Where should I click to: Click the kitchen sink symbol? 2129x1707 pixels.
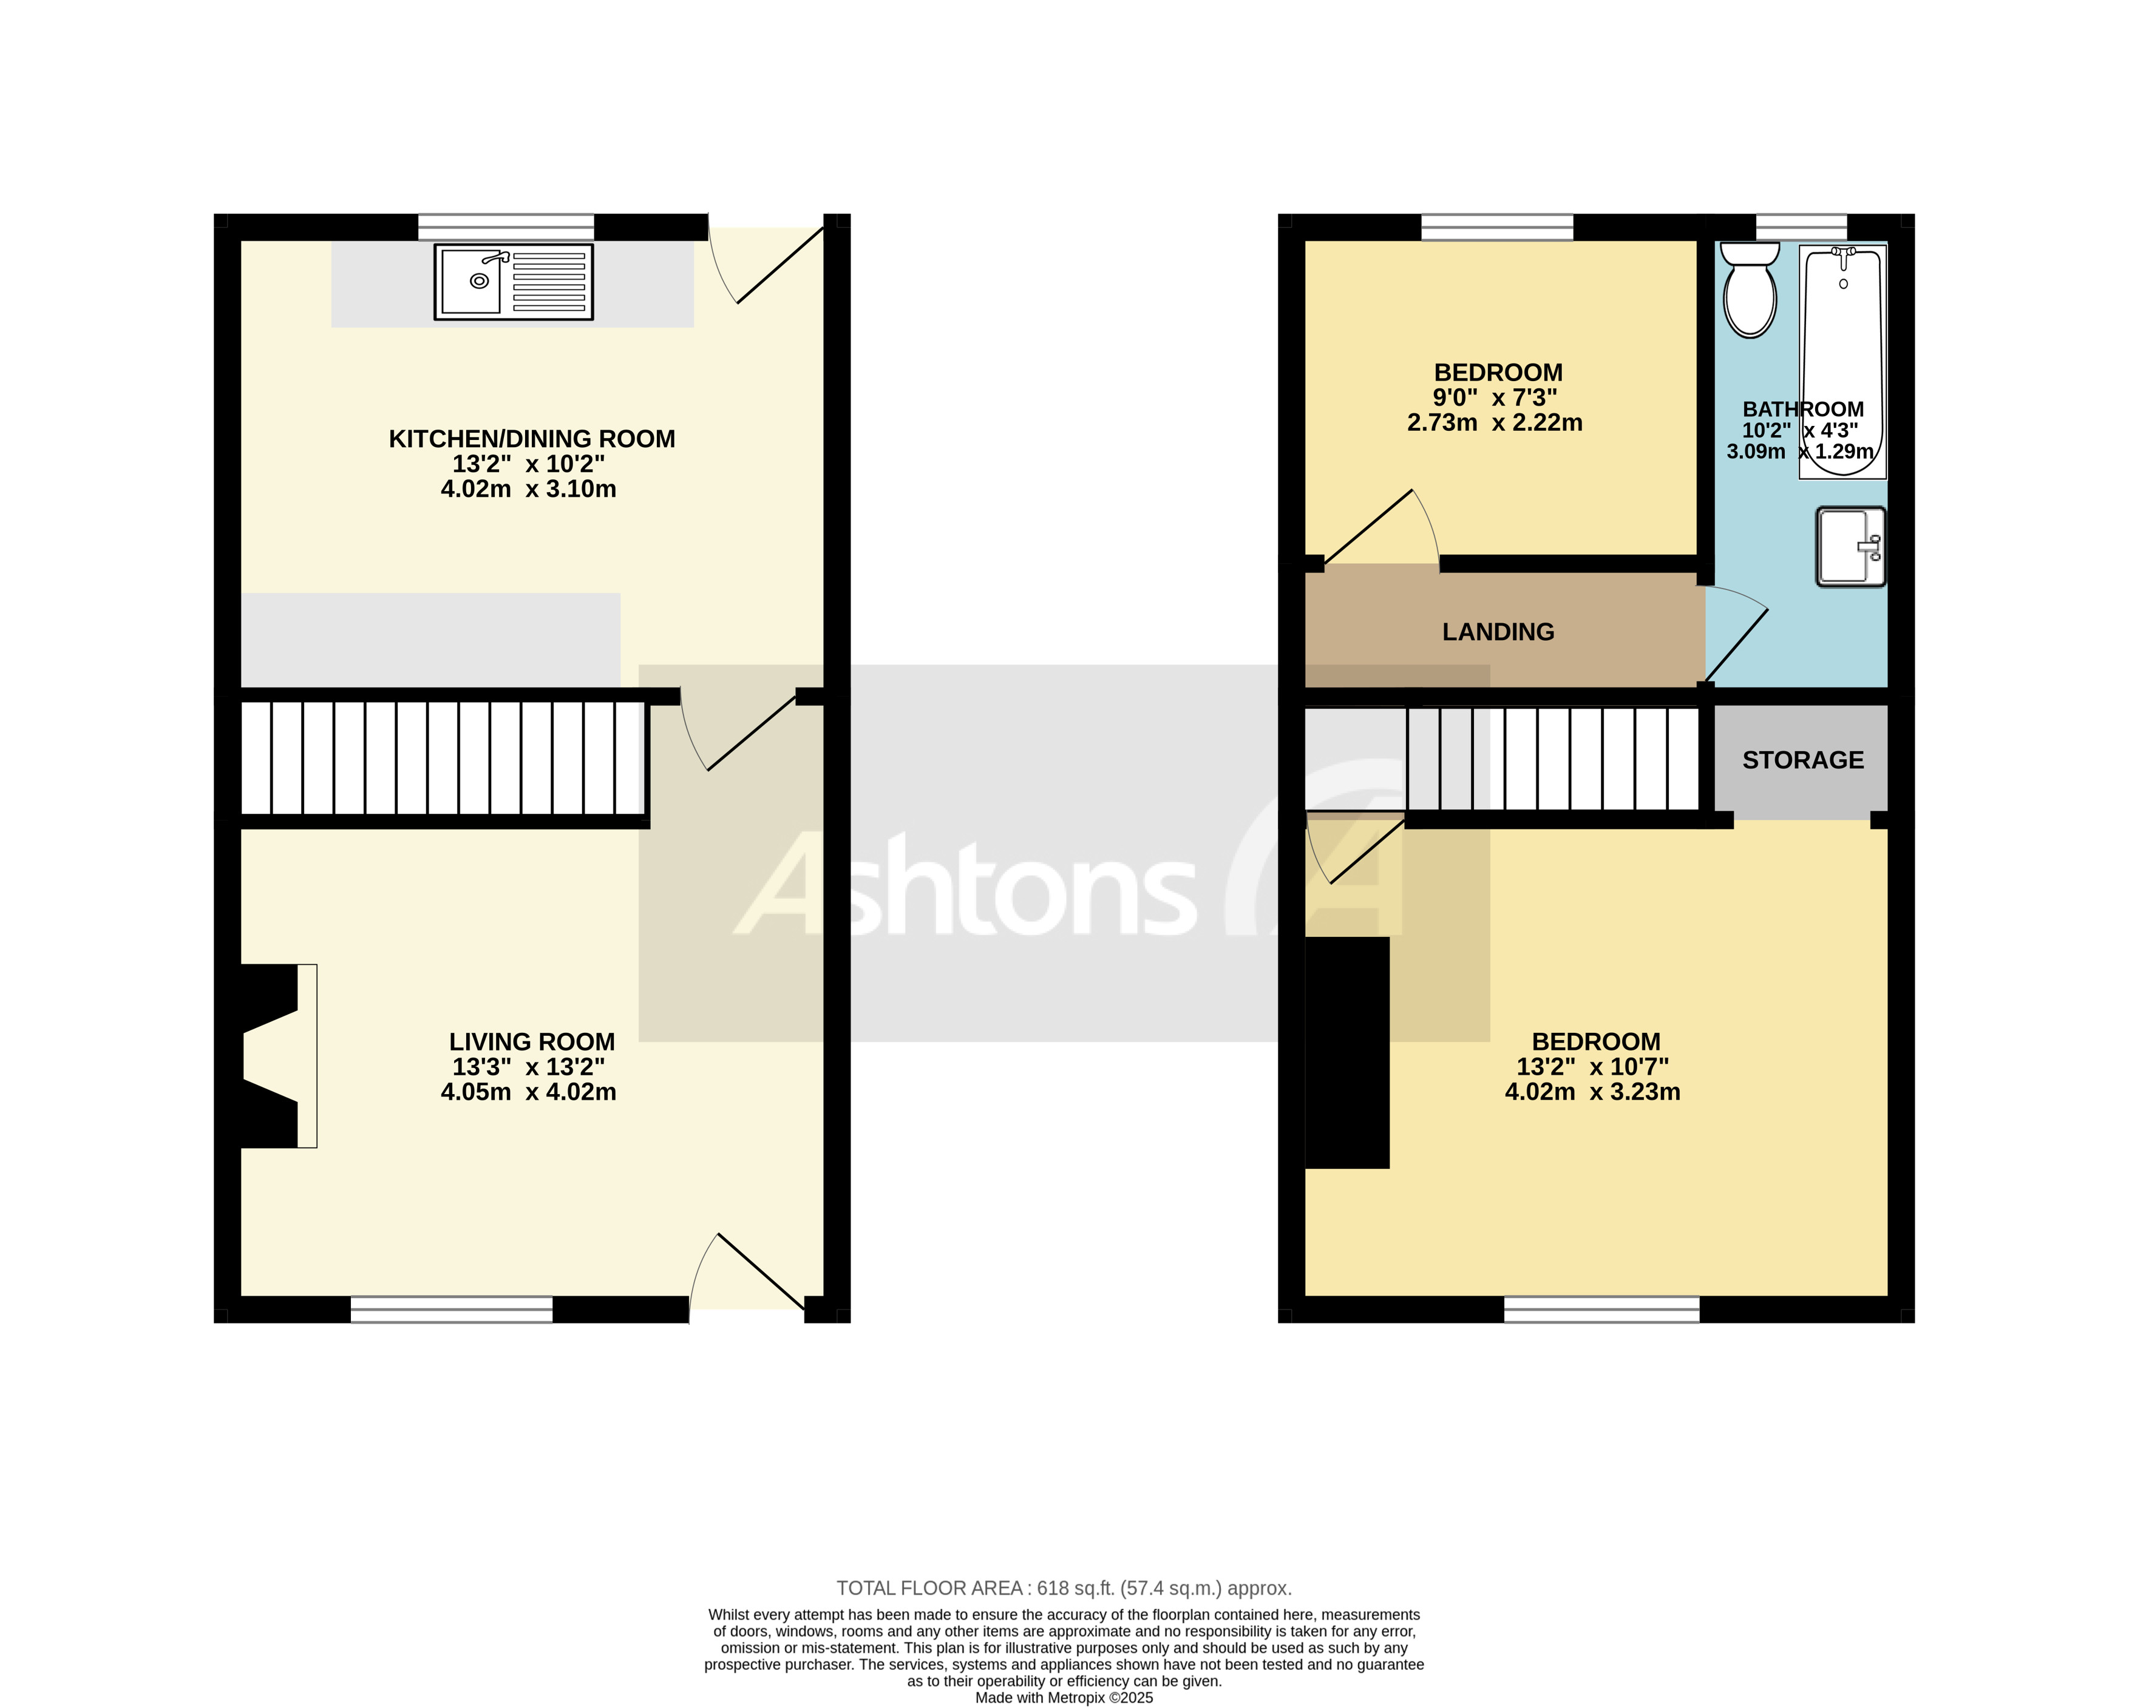(x=514, y=282)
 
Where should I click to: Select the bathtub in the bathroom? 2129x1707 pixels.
(x=1842, y=361)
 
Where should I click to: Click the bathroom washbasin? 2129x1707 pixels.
(x=1850, y=546)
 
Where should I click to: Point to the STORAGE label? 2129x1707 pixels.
(x=1802, y=760)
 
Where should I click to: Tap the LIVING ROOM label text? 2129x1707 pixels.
(x=531, y=1041)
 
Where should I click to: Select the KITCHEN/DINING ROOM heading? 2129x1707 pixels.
(x=531, y=438)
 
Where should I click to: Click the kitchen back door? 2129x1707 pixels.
(x=775, y=266)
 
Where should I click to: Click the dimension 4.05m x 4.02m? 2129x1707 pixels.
(x=528, y=1092)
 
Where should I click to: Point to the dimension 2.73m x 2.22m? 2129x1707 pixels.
(x=1494, y=422)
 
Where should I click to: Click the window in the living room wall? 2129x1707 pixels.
(x=451, y=1309)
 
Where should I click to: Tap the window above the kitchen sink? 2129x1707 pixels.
(x=506, y=227)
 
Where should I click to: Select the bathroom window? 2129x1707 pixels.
(x=1801, y=227)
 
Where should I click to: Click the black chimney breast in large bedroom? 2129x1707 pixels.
(x=1347, y=1052)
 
